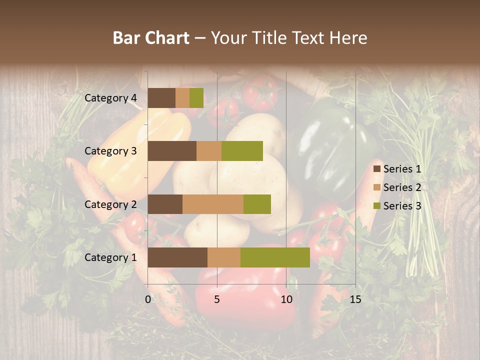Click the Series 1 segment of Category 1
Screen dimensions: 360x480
coord(177,257)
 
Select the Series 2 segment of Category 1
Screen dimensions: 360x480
coord(224,257)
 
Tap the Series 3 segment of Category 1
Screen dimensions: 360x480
coord(275,257)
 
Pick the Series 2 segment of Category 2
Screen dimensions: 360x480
coord(213,204)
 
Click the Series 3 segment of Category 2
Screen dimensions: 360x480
coord(257,204)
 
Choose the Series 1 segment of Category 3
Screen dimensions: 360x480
coord(172,151)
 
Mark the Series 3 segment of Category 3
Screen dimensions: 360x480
coord(242,151)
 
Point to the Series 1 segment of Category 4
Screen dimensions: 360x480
coord(161,98)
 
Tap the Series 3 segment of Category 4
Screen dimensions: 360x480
coord(196,98)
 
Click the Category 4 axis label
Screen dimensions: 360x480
coord(110,98)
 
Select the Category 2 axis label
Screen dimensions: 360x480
coord(110,204)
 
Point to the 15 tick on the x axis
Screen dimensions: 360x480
coord(355,299)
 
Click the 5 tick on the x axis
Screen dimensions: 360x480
coord(217,299)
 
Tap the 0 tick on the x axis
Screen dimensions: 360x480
coord(148,299)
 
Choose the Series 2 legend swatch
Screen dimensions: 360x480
coord(377,187)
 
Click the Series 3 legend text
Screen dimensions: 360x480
coord(402,206)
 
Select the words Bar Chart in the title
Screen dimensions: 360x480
coord(151,38)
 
